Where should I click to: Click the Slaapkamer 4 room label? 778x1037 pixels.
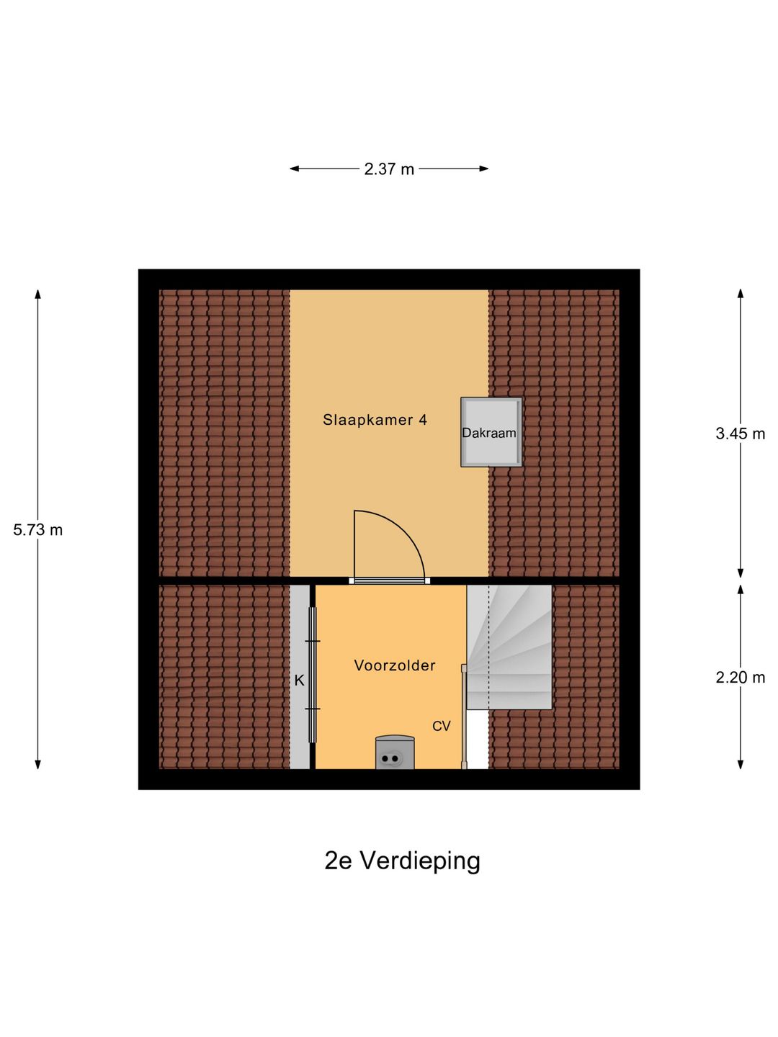click(x=375, y=420)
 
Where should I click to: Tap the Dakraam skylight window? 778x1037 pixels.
click(x=491, y=432)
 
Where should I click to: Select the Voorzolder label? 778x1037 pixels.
click(x=395, y=665)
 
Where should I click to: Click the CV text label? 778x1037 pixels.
click(x=441, y=726)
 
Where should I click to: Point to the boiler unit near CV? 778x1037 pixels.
click(x=395, y=753)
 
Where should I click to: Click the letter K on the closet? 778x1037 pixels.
click(x=300, y=680)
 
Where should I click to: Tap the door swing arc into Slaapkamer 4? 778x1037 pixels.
click(x=403, y=533)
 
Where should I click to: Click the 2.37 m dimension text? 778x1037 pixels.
click(x=389, y=169)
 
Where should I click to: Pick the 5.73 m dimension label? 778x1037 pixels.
click(x=38, y=530)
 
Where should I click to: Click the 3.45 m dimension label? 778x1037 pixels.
click(x=740, y=434)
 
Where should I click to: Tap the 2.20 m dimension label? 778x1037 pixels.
click(x=740, y=678)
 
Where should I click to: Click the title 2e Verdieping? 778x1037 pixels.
click(x=402, y=861)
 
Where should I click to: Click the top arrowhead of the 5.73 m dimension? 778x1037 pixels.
click(x=38, y=293)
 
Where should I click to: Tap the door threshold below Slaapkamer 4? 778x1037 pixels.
click(x=389, y=580)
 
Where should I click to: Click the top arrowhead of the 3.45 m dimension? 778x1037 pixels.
click(x=740, y=293)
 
